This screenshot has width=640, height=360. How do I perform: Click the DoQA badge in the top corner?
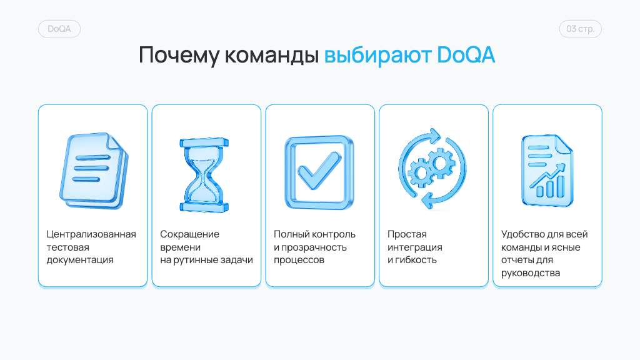tap(59, 29)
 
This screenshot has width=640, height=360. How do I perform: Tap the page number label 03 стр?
tap(580, 29)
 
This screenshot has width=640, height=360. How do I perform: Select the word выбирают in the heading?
tap(378, 55)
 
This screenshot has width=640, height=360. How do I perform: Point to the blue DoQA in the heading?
tap(466, 55)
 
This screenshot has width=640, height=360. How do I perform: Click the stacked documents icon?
tap(94, 171)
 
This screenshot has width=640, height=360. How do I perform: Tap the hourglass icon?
tap(204, 175)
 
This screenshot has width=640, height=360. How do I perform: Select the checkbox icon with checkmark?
tap(319, 172)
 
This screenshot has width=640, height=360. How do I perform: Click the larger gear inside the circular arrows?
tap(441, 164)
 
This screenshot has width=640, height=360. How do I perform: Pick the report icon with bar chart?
tap(547, 170)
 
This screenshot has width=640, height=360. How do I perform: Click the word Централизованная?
tap(91, 234)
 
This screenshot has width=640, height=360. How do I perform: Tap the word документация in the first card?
tap(80, 260)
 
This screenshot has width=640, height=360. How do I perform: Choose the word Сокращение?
tap(189, 234)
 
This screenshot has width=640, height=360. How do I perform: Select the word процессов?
tap(299, 260)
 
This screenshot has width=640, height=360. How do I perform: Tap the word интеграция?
tap(415, 247)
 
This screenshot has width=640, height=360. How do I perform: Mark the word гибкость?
tap(416, 260)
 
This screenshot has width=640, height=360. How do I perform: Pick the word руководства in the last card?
tap(530, 273)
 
